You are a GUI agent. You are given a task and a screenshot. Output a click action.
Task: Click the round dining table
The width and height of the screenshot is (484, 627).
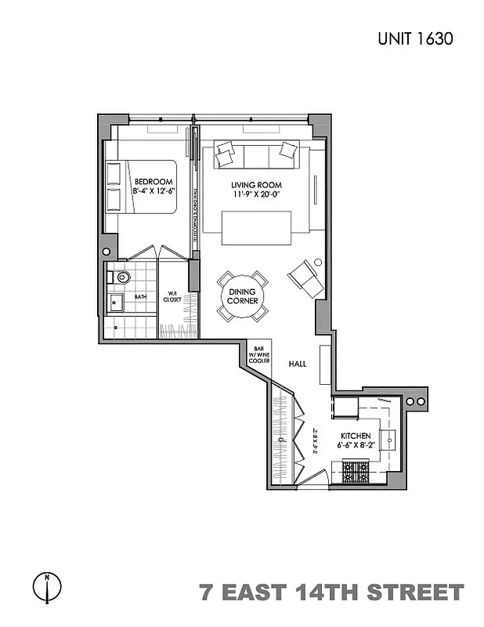[x=242, y=295]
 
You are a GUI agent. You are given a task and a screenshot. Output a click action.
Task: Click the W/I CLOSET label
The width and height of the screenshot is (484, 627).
[x=172, y=296]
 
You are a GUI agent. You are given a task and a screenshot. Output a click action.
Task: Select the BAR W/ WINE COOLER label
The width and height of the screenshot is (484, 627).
[x=259, y=354]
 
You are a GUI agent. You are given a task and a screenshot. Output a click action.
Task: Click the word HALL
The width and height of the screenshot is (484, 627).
[x=296, y=364]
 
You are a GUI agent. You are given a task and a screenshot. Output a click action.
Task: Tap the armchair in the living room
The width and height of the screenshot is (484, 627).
[x=305, y=277]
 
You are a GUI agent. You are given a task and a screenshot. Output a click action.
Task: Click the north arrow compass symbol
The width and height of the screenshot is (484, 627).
[x=47, y=585]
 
